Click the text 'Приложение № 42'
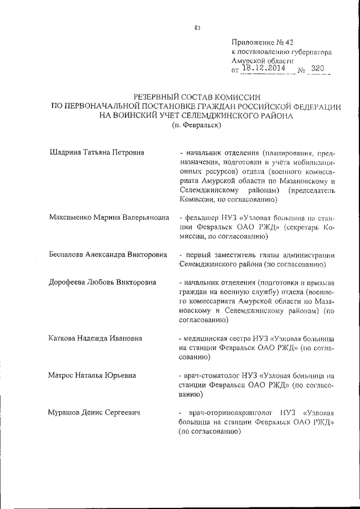point(262,42)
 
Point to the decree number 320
point(318,69)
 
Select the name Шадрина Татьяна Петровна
point(96,152)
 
